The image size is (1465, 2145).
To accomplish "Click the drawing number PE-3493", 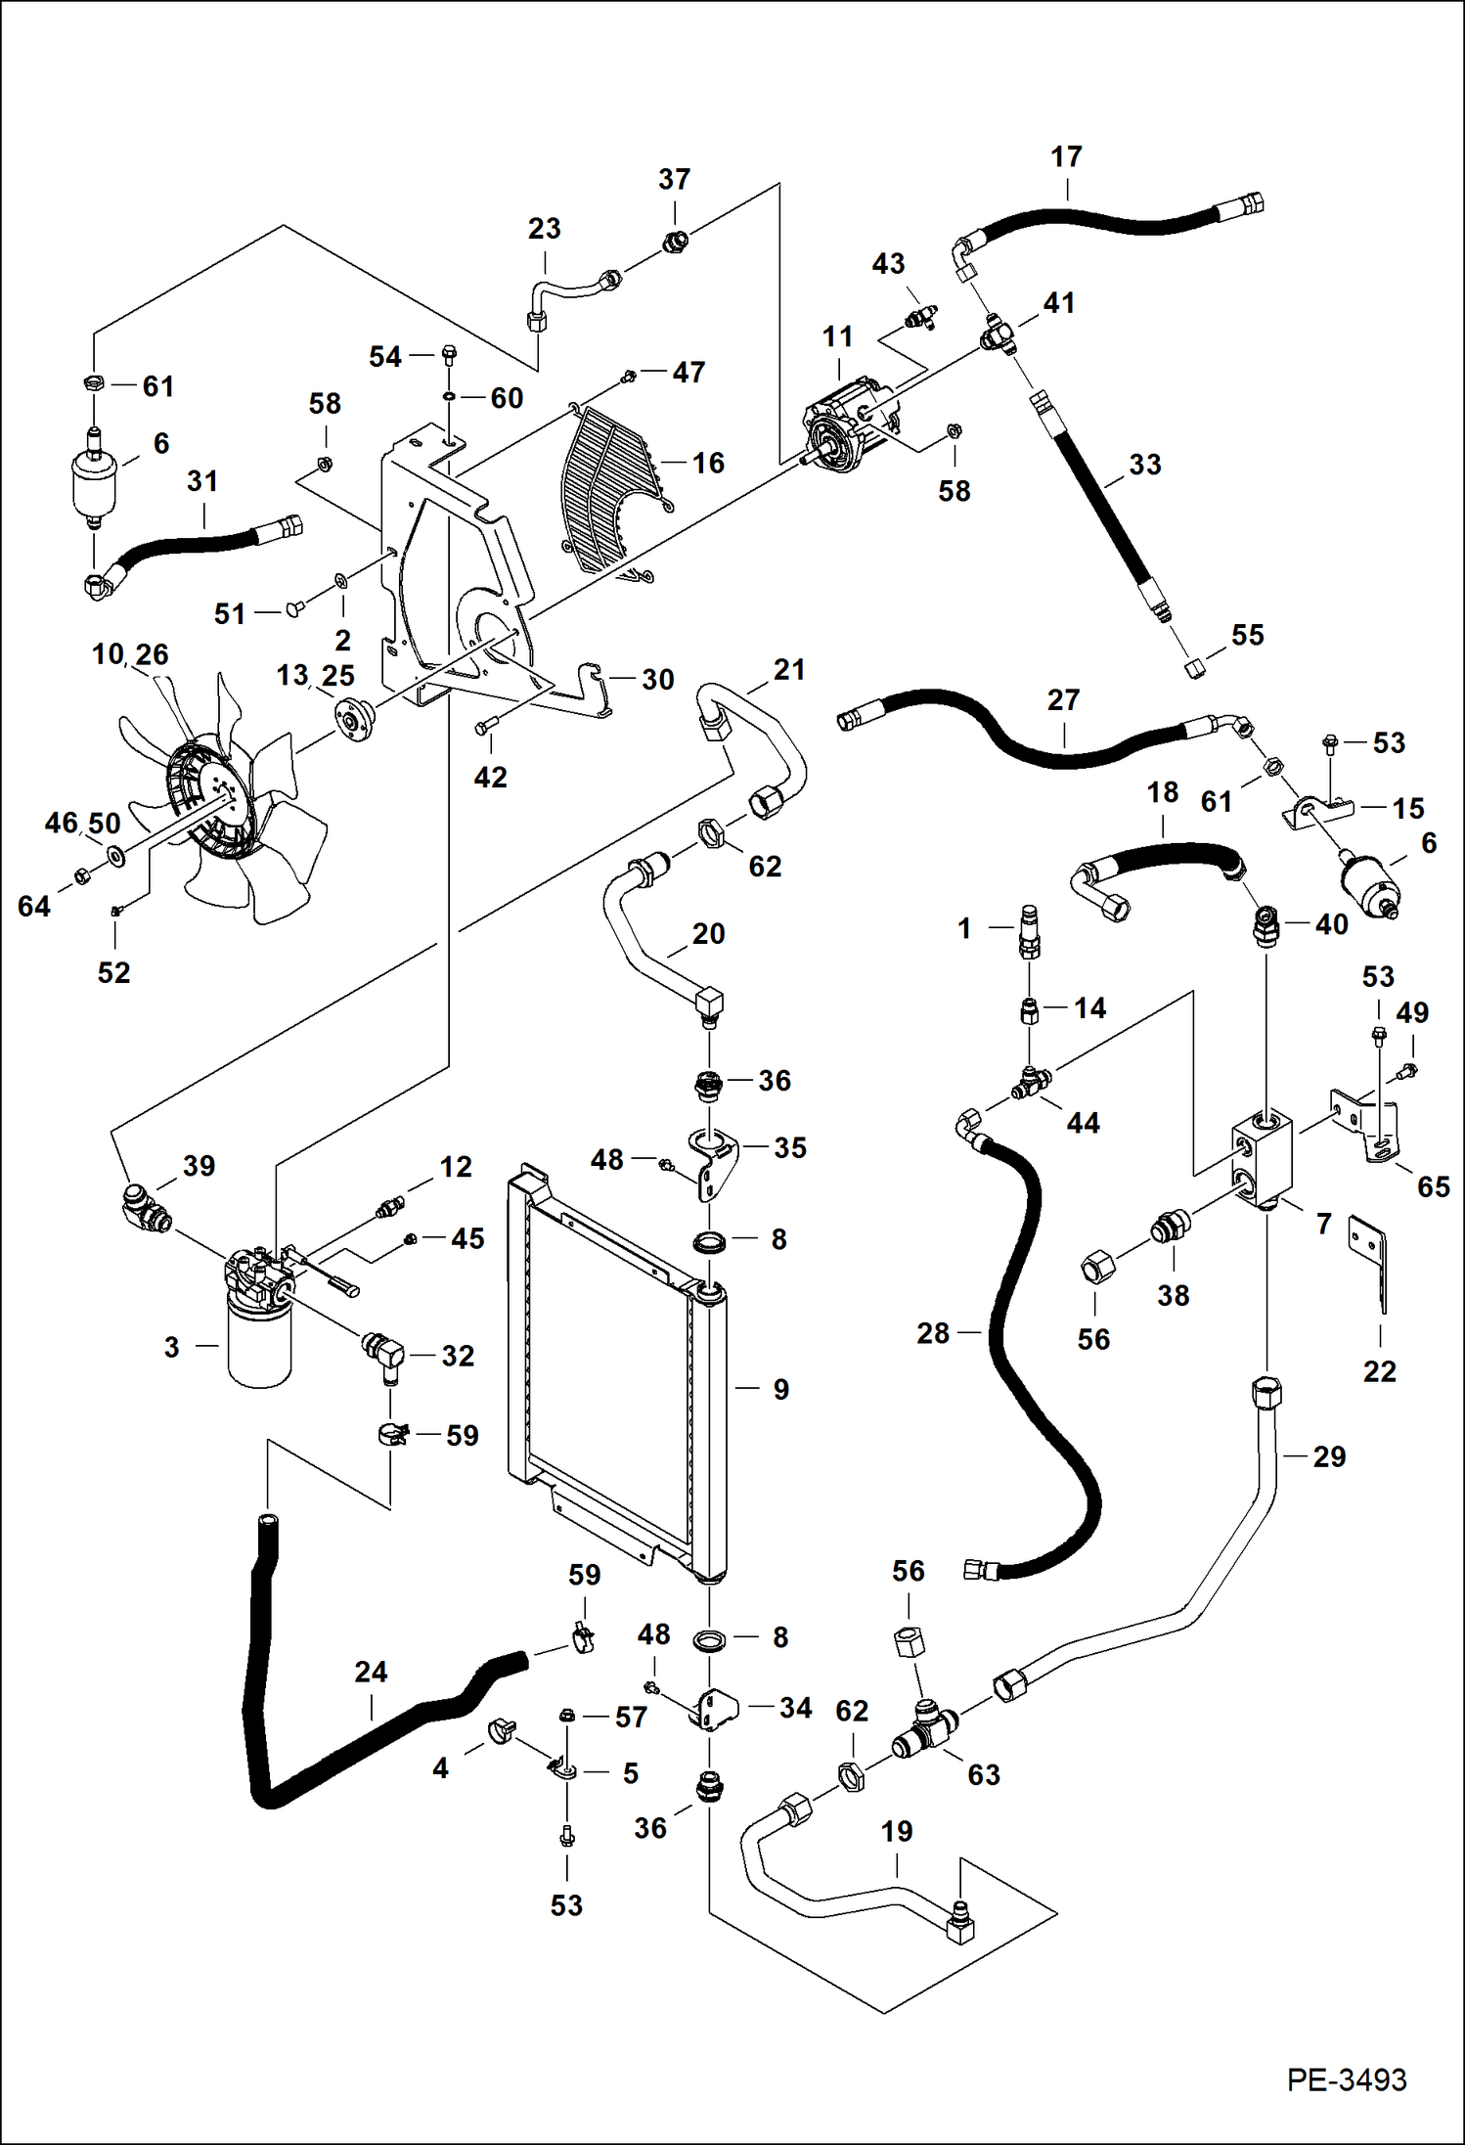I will point(1347,2078).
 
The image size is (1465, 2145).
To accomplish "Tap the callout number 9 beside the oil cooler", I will point(780,1389).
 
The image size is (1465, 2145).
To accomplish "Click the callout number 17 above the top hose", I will point(1066,157).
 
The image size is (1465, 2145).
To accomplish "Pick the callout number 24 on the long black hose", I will point(371,1672).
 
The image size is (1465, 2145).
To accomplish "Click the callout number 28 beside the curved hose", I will point(933,1332).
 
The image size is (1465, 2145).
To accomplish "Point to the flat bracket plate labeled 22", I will point(1372,1262).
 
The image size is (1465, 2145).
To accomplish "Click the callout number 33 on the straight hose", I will point(1144,465).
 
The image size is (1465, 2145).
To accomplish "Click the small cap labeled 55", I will point(1193,669).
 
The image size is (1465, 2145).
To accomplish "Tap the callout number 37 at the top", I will point(674,180).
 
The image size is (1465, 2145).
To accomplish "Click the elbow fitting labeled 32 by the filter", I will point(381,1356).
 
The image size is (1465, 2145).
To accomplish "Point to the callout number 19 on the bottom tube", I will point(897,1831).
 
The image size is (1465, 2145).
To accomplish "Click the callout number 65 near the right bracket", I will point(1433,1186).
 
